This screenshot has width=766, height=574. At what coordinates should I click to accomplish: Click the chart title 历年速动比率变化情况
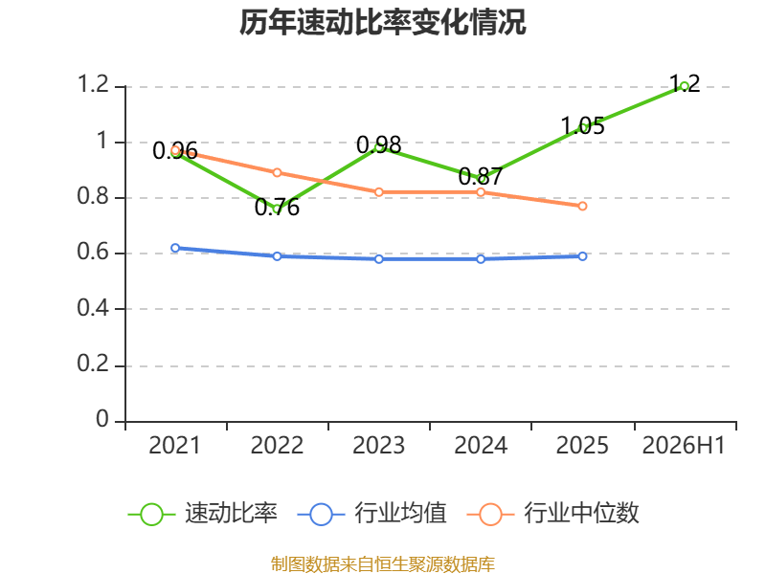382,22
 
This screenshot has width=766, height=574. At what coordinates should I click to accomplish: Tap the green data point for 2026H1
684,86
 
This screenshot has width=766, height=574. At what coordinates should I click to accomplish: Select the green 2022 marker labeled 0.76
277,209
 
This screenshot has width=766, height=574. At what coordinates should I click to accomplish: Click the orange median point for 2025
582,207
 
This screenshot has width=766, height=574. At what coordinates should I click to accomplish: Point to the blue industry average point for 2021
175,248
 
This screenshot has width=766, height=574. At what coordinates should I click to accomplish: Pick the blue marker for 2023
379,259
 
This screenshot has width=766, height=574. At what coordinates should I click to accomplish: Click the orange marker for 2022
277,173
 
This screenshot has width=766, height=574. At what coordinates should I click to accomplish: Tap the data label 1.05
582,126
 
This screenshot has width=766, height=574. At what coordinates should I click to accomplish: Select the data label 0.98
379,145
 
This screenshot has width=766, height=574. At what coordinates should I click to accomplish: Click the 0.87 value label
481,176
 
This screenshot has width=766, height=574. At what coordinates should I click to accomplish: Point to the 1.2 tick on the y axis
93,84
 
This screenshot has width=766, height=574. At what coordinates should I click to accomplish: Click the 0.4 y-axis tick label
93,308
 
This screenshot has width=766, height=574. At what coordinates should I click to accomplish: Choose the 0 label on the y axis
102,419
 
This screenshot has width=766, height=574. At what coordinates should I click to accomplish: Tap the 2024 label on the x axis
481,446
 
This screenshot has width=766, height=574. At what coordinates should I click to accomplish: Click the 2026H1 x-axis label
684,446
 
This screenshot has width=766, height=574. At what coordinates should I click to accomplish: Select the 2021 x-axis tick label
175,446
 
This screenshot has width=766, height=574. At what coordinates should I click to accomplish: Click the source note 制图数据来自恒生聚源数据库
383,564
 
